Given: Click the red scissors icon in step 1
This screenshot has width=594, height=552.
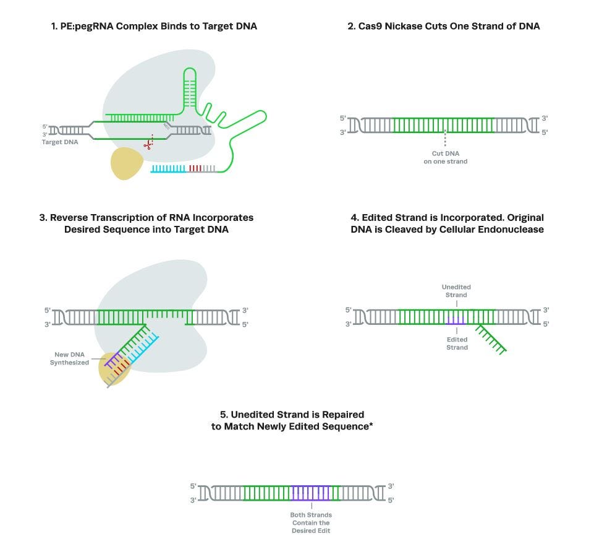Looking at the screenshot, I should coord(148,145).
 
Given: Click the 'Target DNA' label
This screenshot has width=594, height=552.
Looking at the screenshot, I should coord(59,142).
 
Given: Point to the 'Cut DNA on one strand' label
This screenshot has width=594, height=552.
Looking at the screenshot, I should coord(445,157).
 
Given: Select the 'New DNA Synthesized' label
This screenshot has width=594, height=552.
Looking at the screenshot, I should coord(69,359).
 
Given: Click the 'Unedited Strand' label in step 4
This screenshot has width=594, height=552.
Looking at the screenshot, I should coord(456,291).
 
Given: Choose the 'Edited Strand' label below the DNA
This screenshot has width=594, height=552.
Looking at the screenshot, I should coord(457,343).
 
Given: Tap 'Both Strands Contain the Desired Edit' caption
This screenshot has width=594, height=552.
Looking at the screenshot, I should coord(311,523).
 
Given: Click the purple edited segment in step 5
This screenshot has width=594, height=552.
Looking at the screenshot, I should coord(311,493).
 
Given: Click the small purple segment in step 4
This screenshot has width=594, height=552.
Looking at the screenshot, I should coord(456,321).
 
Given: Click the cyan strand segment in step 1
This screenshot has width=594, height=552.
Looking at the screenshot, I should coord(168,168).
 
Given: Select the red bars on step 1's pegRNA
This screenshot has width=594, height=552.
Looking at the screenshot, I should coord(195,168).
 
